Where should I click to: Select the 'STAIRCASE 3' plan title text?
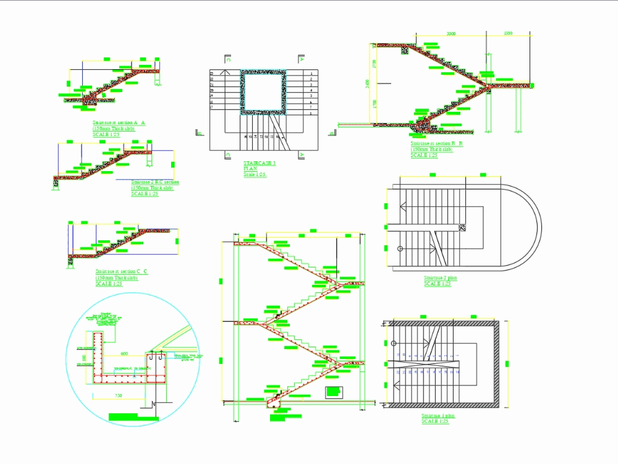260,163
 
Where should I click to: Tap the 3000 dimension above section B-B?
451,33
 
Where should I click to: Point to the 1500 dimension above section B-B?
508,33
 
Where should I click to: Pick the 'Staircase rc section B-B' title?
437,144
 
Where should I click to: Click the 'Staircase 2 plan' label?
441,278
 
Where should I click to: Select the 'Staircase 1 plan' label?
438,416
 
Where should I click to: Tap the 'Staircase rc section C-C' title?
122,272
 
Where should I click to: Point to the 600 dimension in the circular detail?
124,354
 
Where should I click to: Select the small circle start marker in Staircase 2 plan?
400,249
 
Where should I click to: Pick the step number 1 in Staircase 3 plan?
311,74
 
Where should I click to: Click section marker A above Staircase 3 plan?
301,61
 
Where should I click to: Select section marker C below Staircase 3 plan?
229,154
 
